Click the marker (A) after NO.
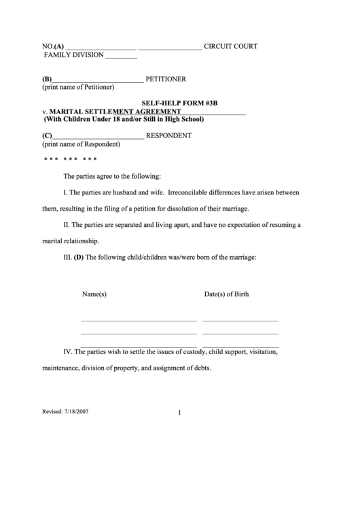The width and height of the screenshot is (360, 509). coord(60,46)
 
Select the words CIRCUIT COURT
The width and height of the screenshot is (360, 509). coord(231,46)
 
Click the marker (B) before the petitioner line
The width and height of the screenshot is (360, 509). coord(47,79)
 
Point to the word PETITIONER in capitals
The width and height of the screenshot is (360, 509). coord(166,79)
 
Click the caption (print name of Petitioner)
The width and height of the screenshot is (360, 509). coord(78,87)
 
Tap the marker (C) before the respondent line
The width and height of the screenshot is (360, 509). coord(47,135)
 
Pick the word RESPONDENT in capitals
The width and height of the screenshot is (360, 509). coord(168,135)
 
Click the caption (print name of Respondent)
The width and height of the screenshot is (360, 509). coord(81,143)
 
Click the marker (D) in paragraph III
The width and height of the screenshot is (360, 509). coord(79,258)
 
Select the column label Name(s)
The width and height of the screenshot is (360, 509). coord(94,294)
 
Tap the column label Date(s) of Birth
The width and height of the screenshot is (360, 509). coord(226,294)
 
